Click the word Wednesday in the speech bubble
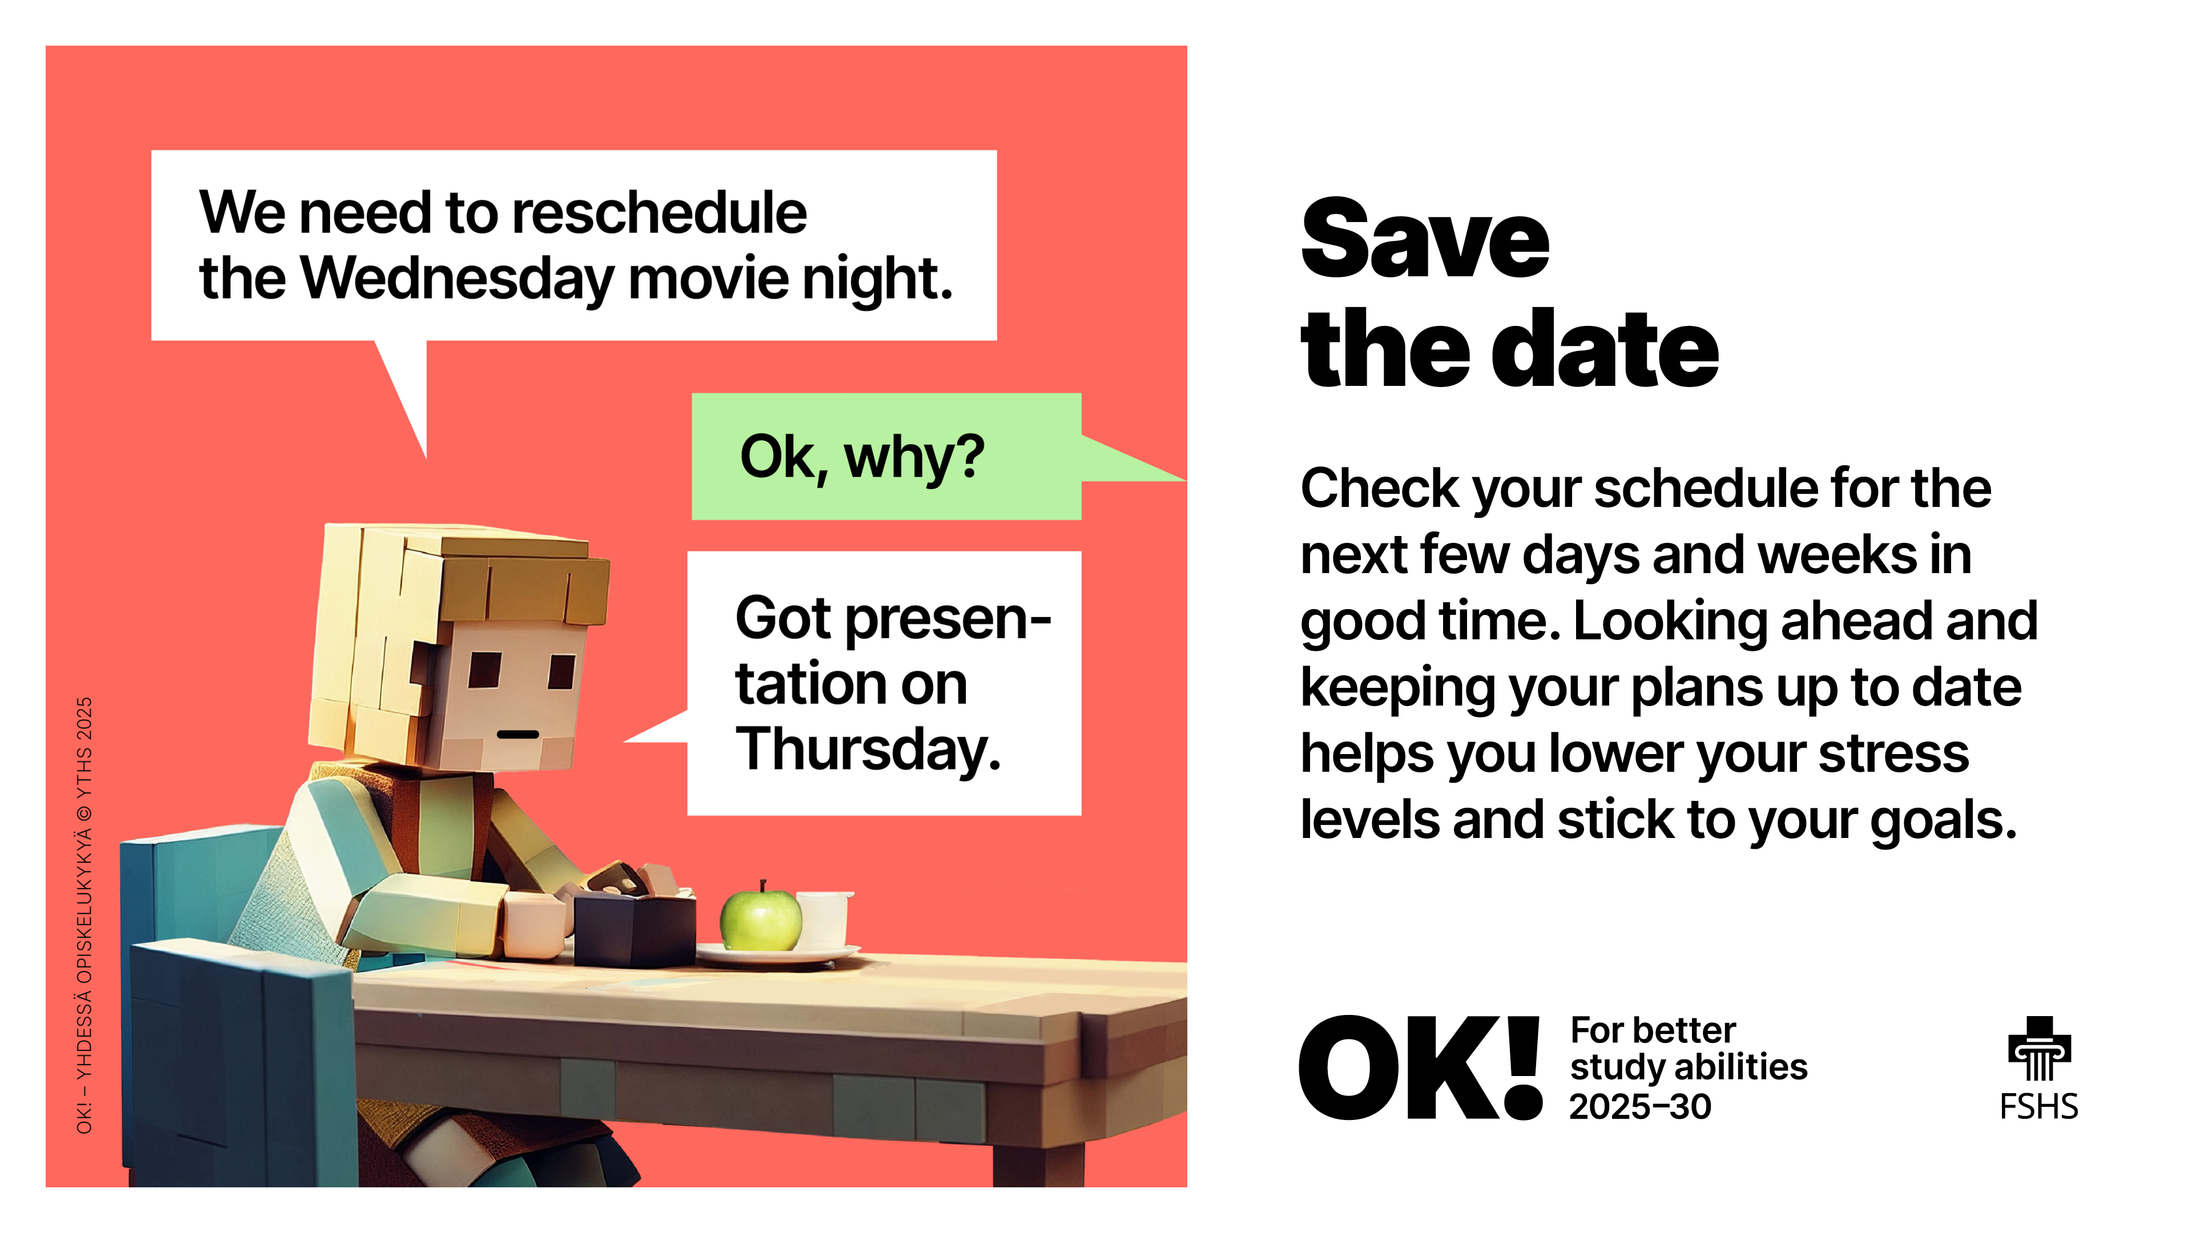pos(457,277)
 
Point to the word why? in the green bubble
pos(914,458)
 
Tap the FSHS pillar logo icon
pos(2039,1049)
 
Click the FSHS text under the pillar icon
pos(2039,1107)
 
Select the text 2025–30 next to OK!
pos(1640,1106)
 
